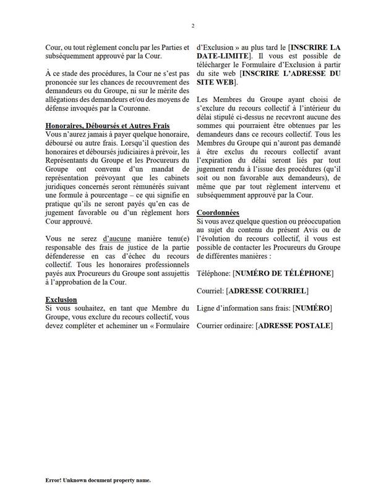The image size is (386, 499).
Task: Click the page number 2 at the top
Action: click(x=193, y=25)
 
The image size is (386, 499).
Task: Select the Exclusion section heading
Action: click(x=61, y=300)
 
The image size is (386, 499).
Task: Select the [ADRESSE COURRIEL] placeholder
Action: click(x=268, y=290)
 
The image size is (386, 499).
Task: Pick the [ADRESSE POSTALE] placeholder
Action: click(x=293, y=325)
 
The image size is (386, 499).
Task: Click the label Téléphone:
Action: click(x=213, y=273)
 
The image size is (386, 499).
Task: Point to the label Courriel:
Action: click(x=210, y=290)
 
